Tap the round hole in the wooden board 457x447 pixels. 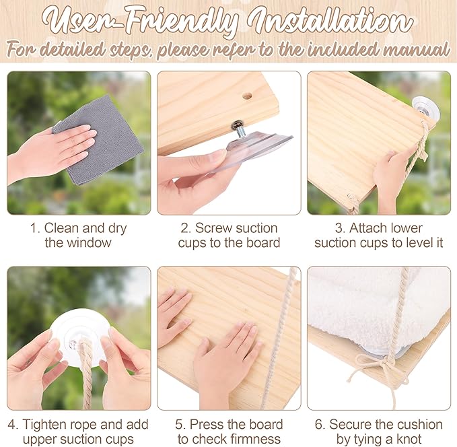click(x=247, y=96)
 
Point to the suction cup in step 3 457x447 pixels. click(x=426, y=109)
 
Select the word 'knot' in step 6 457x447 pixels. click(x=409, y=439)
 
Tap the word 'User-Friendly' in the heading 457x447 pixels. click(x=140, y=22)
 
